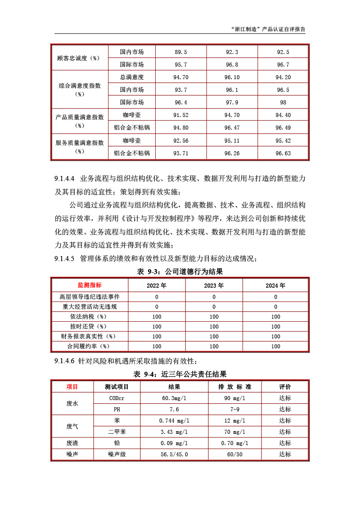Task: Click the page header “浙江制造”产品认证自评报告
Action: coord(268,29)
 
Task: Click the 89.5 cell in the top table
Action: coord(180,52)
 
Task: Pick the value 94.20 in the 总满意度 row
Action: coord(283,77)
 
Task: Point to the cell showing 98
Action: coord(283,103)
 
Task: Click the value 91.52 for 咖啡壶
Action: coord(180,115)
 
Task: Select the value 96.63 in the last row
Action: coord(283,153)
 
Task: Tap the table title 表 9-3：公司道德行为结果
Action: coord(180,272)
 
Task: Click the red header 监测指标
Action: coord(90,285)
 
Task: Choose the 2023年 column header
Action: coord(214,285)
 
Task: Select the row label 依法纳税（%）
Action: coord(90,317)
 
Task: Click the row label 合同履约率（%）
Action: coord(90,347)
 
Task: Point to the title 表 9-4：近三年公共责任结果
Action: coord(180,374)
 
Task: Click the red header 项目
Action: coord(72,387)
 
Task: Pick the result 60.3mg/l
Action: coord(174,398)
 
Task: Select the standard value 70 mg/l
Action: coord(234,432)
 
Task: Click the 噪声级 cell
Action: coord(117,455)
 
